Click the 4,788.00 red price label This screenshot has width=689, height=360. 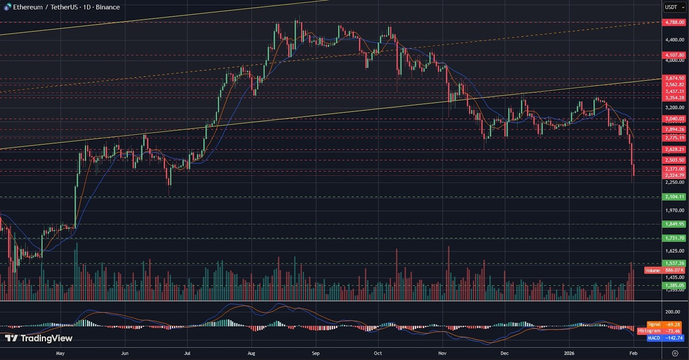tap(674, 22)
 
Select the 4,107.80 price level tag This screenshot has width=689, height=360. tap(674, 55)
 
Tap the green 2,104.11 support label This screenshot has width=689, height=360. tap(674, 197)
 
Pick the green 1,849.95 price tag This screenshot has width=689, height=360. tap(674, 224)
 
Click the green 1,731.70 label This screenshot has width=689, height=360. tap(674, 238)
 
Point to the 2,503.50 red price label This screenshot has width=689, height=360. tap(674, 160)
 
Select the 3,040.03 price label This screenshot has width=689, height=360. tap(674, 119)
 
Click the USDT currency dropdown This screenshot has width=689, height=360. tap(674, 7)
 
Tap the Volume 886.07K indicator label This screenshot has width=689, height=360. tap(665, 270)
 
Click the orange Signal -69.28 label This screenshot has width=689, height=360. tap(664, 324)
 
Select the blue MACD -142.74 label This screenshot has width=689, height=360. tap(664, 338)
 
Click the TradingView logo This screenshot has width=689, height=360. tap(39, 338)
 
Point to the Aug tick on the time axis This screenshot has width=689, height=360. tap(251, 353)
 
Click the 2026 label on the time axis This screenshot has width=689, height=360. tap(569, 353)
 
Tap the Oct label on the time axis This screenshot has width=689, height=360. tap(378, 353)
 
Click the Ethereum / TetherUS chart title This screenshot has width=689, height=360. tap(65, 7)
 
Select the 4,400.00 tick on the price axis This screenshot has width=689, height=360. tap(674, 40)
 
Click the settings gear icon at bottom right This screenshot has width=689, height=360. tap(675, 353)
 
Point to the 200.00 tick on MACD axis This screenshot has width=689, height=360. tap(673, 312)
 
